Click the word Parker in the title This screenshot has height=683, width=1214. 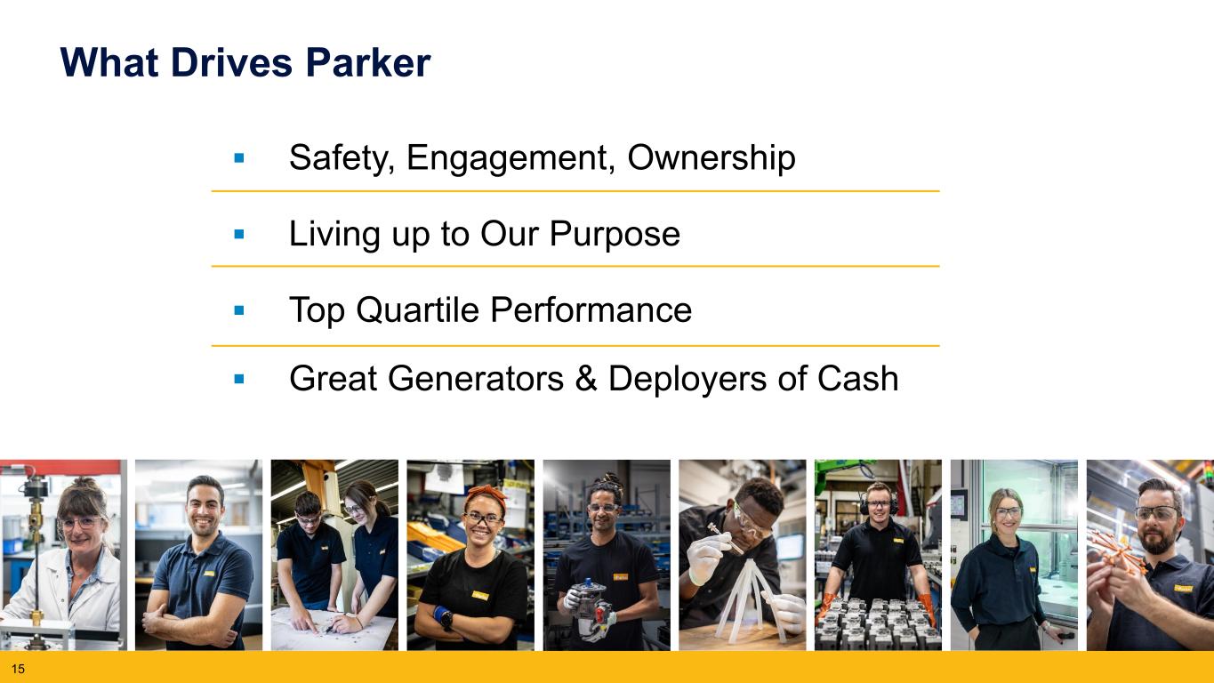[x=368, y=63]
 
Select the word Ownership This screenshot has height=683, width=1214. [x=712, y=158]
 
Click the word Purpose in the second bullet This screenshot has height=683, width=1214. [x=615, y=235]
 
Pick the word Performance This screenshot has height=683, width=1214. [x=591, y=310]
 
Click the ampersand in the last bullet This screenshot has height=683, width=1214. [x=586, y=378]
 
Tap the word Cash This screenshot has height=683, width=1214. [x=858, y=378]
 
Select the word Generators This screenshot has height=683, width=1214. [x=476, y=378]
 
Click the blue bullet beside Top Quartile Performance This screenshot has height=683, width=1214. [x=239, y=310]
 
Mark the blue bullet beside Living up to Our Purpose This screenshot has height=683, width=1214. [x=239, y=234]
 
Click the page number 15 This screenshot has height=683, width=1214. [x=18, y=669]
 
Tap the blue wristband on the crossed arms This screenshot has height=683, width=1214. [x=443, y=615]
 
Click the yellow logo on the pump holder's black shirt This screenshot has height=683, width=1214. [x=621, y=577]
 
